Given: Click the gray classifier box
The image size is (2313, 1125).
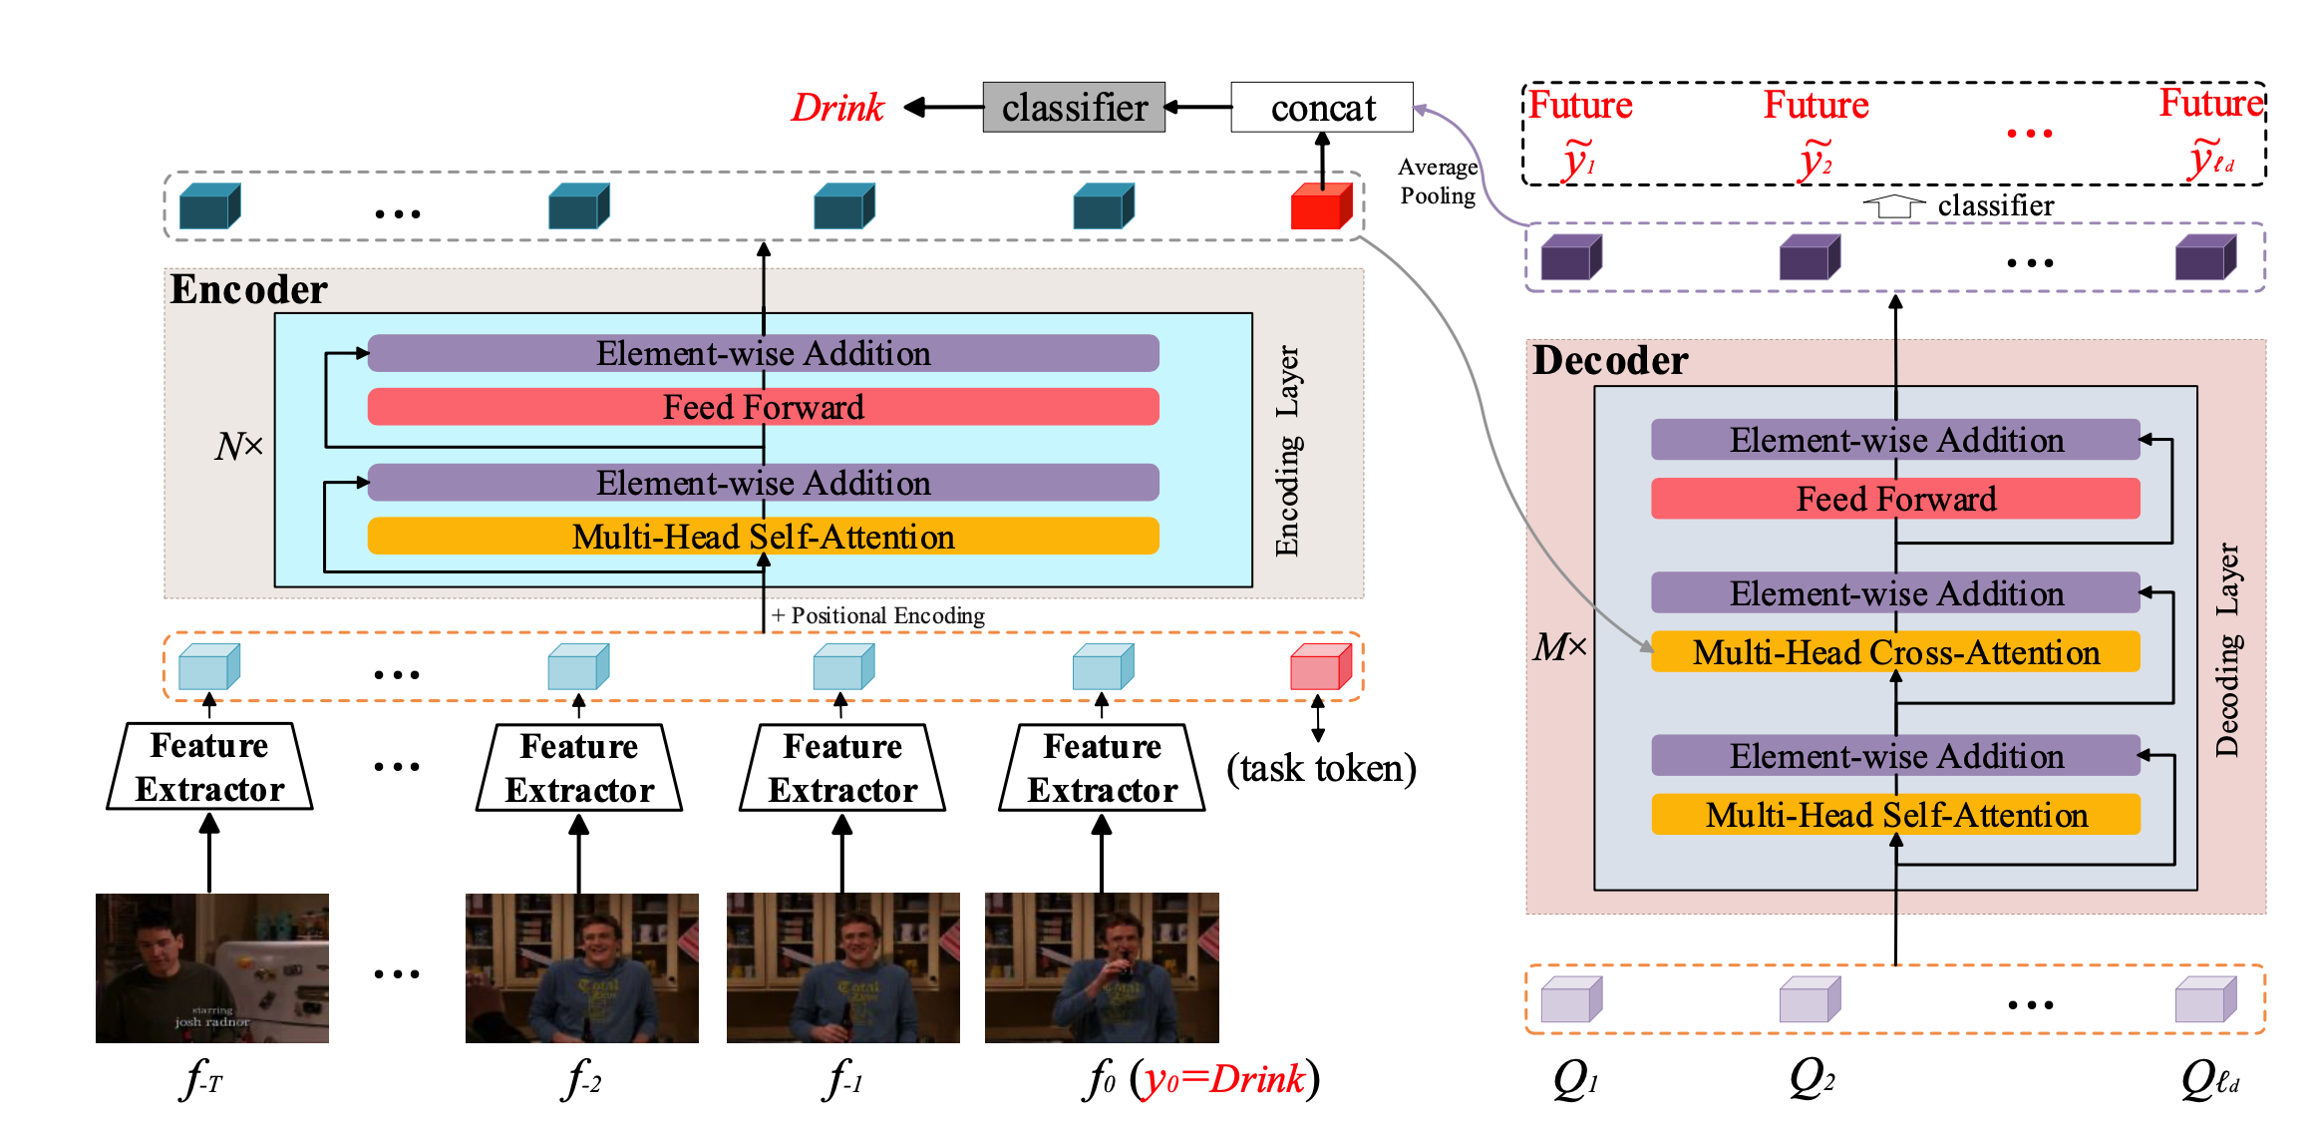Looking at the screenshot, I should tap(1073, 107).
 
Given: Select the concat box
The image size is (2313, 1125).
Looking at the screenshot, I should tap(1321, 107).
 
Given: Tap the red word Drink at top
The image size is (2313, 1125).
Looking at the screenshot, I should tap(836, 107).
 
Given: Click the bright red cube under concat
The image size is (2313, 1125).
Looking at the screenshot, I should tap(1319, 206).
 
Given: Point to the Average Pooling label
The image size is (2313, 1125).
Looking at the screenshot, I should tap(1437, 182).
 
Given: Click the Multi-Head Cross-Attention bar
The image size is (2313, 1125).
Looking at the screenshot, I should tap(1894, 652).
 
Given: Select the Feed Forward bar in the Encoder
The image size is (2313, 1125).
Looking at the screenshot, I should tap(763, 407).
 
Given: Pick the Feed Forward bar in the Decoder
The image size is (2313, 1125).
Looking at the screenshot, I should tap(1894, 499).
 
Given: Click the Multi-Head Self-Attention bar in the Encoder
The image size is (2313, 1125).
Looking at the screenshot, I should tap(763, 537).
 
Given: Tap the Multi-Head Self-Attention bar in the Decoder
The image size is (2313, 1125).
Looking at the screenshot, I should tap(1894, 815).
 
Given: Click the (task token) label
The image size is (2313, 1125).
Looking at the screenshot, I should tap(1320, 768).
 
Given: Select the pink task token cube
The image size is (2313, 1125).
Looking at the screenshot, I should tap(1319, 667).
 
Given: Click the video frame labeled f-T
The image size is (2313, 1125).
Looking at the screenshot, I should tap(211, 967).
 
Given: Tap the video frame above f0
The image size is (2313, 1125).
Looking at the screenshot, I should tap(1101, 967).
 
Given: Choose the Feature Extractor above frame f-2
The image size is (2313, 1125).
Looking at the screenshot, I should tap(579, 767).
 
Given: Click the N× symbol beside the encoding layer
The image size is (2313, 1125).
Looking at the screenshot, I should tap(238, 445).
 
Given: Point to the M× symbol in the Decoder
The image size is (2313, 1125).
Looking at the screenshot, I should tap(1559, 647).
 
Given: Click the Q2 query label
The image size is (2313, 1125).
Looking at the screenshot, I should tap(1811, 1078).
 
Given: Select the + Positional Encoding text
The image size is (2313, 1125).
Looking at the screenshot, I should tap(878, 615).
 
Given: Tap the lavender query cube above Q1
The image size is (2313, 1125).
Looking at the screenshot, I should tap(1570, 999).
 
